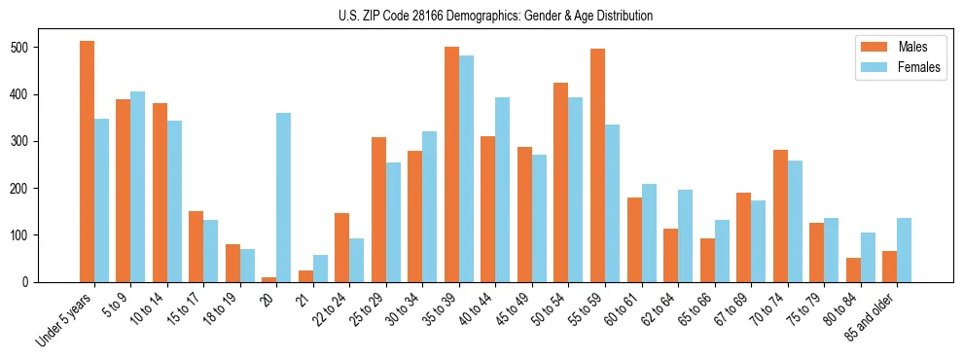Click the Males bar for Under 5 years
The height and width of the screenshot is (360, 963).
(87, 162)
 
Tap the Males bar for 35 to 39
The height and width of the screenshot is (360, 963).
(451, 164)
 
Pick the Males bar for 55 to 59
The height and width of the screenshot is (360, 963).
(597, 165)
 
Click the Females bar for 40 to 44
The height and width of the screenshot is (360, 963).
(502, 190)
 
